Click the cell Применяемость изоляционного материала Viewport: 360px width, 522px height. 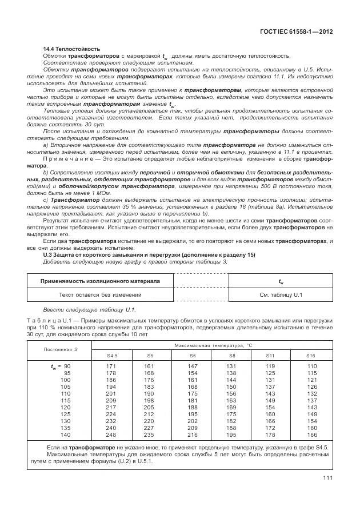coord(100,281)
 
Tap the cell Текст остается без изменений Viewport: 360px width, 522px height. coord(100,294)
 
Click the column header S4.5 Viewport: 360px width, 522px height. coord(112,356)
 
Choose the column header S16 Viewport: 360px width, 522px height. coord(311,356)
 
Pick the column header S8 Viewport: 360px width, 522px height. coord(231,356)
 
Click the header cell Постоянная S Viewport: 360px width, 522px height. coord(61,349)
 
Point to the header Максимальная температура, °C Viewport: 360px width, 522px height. coord(210,345)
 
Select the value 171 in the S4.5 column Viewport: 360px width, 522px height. coord(111,366)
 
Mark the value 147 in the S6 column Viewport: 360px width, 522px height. coord(192,366)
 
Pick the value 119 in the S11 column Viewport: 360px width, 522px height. coord(270,366)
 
